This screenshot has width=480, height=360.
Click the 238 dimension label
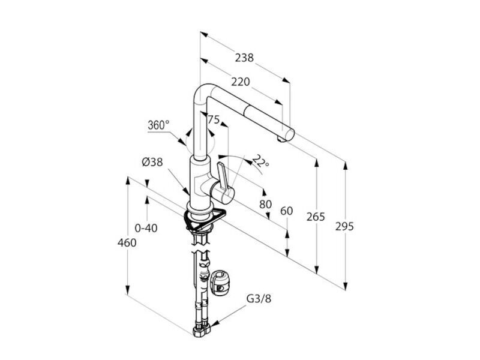coord(244,58)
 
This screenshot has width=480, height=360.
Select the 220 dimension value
coord(241,82)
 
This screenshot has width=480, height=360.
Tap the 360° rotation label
coord(158,125)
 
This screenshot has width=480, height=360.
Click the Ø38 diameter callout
coord(152,162)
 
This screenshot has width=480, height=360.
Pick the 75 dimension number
coord(214,119)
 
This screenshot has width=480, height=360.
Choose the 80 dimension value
coord(265,204)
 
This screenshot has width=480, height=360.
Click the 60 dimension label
coord(287,211)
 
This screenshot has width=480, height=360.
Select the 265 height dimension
coord(316,217)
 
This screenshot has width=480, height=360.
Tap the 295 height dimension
coord(344,227)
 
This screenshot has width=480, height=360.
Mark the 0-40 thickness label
coord(146,228)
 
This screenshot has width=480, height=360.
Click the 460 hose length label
coord(127,243)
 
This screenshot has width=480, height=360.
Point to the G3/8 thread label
coord(259,298)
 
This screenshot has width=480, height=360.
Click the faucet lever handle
coord(223,178)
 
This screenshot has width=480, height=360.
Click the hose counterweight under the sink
coord(220,283)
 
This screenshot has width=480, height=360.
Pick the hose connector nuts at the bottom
coord(202,331)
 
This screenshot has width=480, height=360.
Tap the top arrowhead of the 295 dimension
coord(346,166)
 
